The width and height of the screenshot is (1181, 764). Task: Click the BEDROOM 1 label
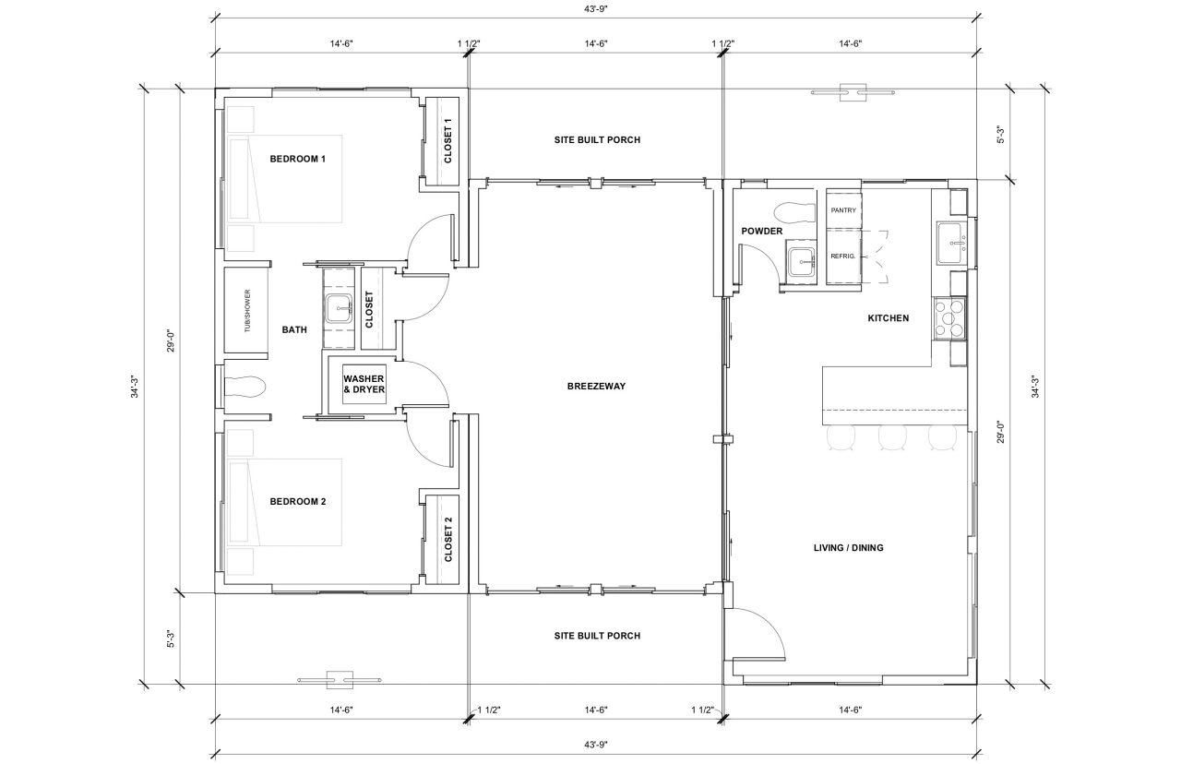pos(298,159)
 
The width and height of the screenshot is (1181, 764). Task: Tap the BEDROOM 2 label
pos(298,502)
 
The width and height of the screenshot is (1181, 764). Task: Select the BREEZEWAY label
pos(596,386)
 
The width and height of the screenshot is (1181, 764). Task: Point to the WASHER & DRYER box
pos(364,384)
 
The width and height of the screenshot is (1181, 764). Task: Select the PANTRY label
pos(842,210)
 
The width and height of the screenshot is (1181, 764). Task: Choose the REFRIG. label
pos(842,256)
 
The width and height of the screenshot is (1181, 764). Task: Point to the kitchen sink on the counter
pos(951,242)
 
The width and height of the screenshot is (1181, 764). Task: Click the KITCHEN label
pos(889,318)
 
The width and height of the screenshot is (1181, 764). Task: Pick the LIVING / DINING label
pos(848,548)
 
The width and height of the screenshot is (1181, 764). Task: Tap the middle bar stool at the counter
pos(890,437)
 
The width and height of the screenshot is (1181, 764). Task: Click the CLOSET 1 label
pos(448,141)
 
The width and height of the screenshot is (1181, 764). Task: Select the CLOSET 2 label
pos(448,540)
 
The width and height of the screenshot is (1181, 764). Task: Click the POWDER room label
pos(761,231)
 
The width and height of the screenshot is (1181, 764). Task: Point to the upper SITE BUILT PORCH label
pos(596,140)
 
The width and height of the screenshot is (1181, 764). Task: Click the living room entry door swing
pos(757,632)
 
